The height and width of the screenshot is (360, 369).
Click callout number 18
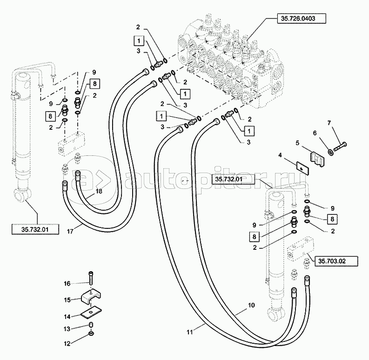[x=98, y=192]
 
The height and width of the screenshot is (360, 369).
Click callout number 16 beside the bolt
[x=67, y=283]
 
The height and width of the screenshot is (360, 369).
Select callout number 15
[x=67, y=300]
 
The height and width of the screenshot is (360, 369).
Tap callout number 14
[x=67, y=316]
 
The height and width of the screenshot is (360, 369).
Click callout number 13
[x=67, y=328]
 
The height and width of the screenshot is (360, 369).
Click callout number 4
[x=280, y=154]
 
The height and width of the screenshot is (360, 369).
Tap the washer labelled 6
[x=329, y=152]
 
